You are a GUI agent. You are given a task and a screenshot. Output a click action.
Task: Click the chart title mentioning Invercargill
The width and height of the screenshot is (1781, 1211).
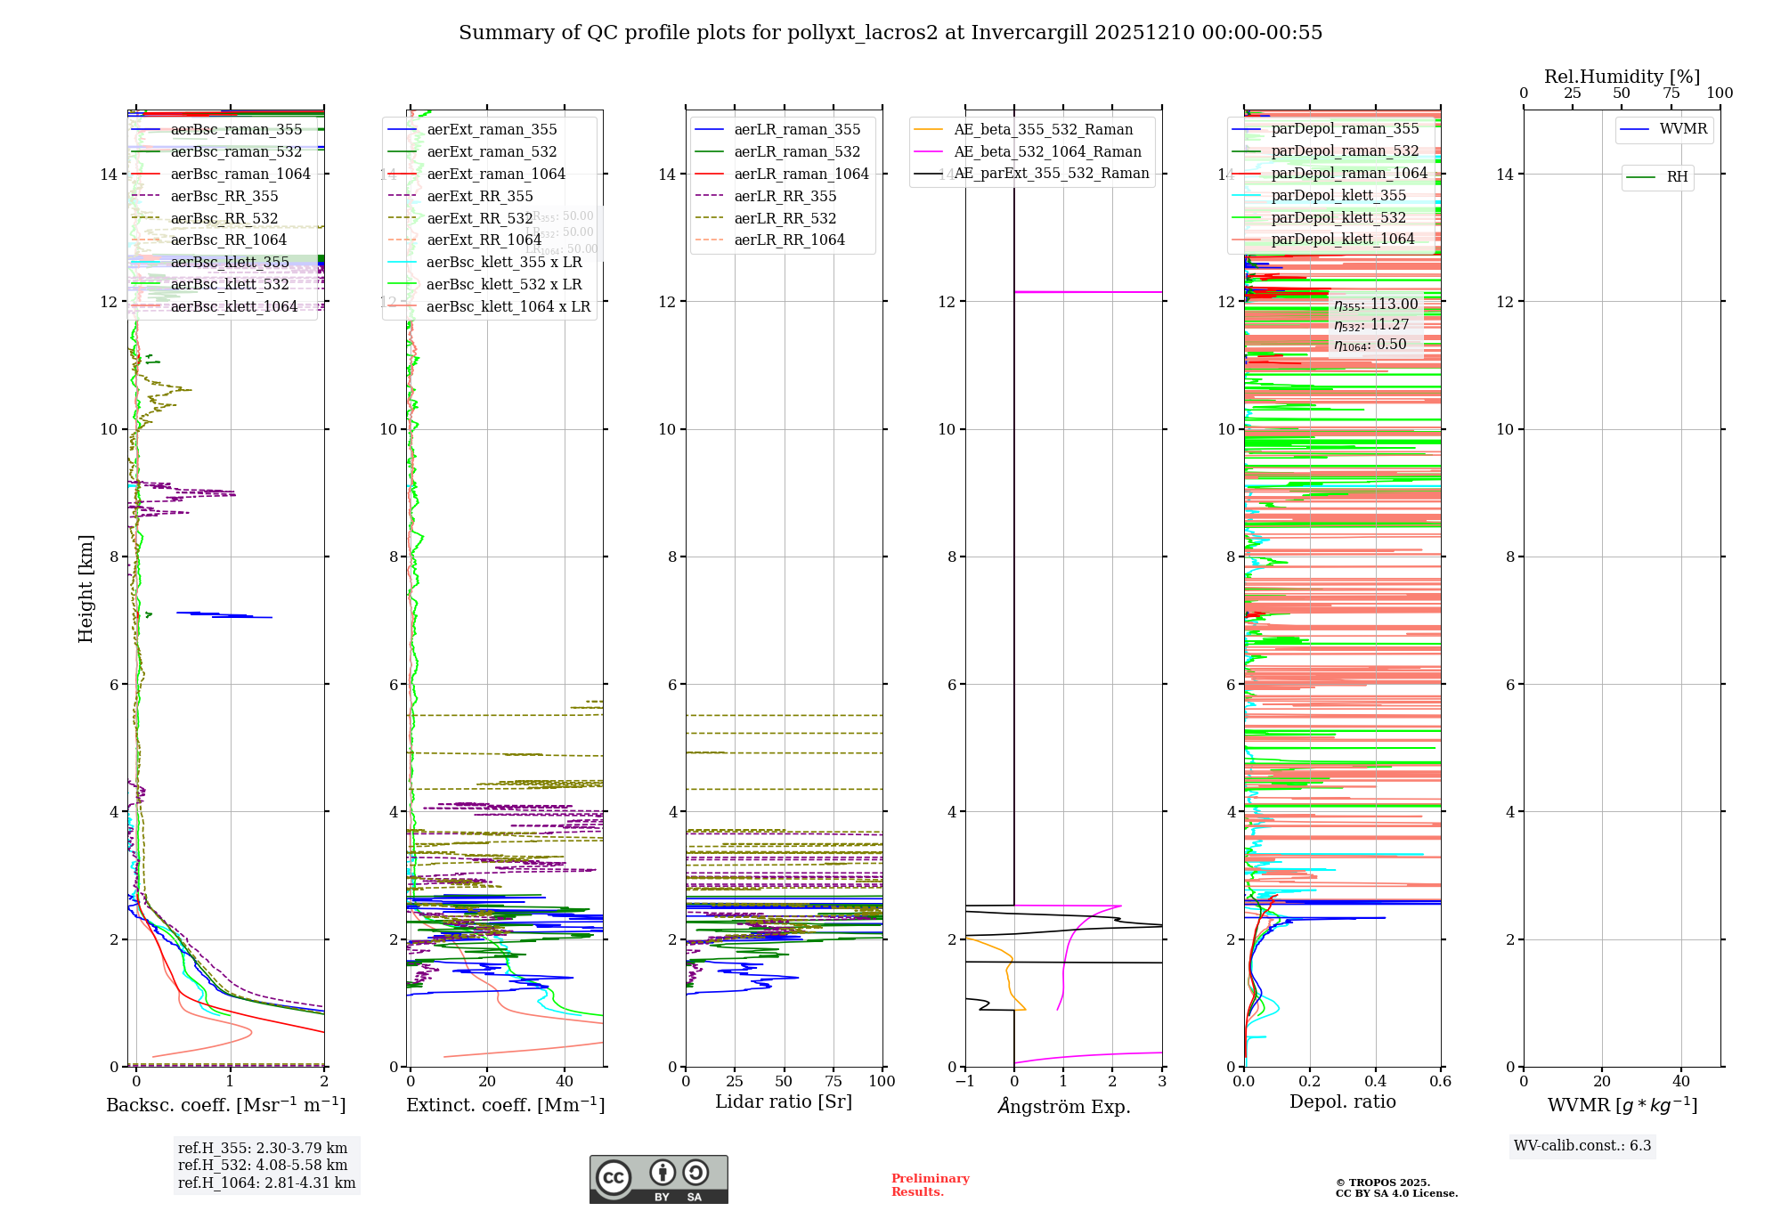[890, 33]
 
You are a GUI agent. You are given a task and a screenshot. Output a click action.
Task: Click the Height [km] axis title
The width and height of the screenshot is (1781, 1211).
[85, 588]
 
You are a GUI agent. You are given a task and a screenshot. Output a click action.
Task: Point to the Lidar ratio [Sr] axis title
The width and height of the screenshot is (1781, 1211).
[784, 1102]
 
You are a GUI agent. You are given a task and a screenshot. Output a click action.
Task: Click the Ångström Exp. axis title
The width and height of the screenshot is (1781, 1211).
[1063, 1107]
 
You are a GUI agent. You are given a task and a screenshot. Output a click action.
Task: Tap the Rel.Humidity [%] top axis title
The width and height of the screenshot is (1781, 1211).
[1622, 77]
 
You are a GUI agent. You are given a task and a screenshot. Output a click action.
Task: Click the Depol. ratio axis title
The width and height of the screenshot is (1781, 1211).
[1342, 1102]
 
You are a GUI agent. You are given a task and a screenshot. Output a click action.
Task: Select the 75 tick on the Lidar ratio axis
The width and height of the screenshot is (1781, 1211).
[834, 1082]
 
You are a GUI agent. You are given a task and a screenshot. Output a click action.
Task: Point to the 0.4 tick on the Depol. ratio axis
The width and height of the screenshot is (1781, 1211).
[1375, 1082]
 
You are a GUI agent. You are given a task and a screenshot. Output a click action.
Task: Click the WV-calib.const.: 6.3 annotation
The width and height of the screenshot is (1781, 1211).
[1582, 1146]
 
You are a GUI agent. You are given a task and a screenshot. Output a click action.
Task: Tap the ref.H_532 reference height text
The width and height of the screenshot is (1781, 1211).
[263, 1166]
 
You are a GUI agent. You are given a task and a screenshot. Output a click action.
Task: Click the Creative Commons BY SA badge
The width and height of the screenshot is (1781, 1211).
[658, 1180]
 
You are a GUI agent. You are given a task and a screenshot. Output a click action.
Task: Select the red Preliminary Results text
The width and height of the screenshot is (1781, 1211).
[930, 1185]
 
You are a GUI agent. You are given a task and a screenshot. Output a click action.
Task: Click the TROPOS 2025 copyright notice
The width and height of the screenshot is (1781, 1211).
[1396, 1188]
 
